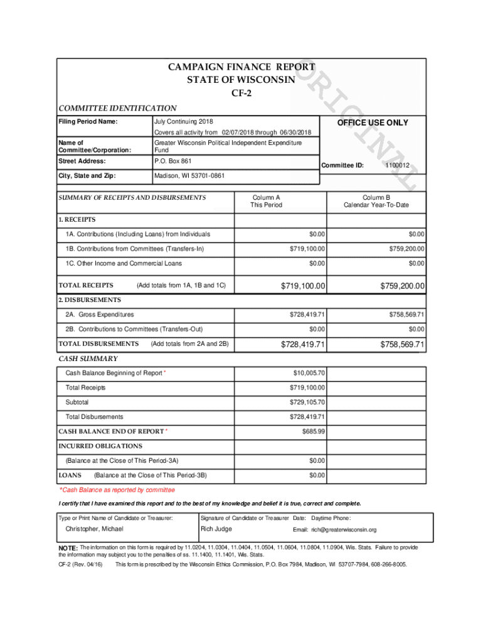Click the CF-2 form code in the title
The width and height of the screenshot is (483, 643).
(241, 94)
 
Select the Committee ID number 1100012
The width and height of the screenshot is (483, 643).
(397, 166)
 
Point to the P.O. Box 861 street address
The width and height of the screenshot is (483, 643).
(172, 161)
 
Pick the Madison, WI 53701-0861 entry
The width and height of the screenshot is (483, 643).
(188, 176)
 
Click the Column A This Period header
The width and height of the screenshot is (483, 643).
(267, 201)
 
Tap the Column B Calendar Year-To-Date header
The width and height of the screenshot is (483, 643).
(376, 201)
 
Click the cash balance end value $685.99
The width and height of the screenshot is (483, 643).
(313, 431)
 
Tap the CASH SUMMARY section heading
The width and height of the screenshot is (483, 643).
(88, 359)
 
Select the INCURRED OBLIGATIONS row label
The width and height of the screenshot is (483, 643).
(100, 446)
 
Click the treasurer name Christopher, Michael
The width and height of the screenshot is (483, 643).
(95, 529)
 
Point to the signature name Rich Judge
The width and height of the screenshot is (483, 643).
(216, 529)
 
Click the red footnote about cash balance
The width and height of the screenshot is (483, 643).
(117, 490)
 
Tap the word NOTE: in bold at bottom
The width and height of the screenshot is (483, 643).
(68, 548)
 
